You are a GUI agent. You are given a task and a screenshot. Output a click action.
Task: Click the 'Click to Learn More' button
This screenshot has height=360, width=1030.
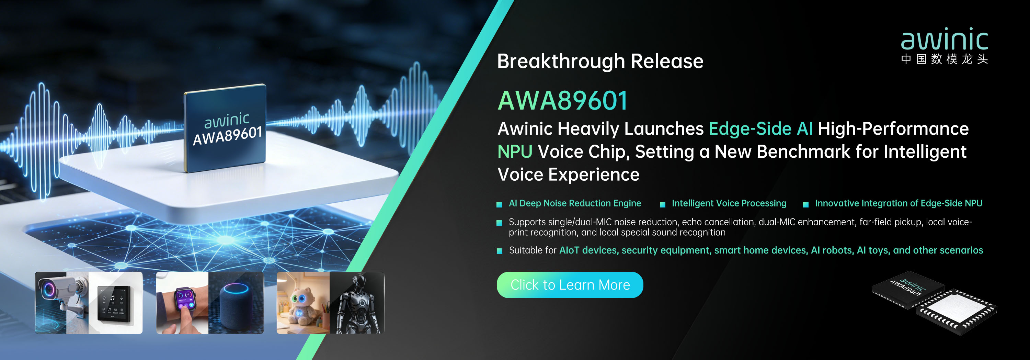pos(570,285)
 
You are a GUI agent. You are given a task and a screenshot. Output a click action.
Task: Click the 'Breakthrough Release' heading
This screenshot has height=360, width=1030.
pos(600,61)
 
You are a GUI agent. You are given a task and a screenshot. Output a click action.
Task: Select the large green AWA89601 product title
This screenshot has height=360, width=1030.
pos(563,100)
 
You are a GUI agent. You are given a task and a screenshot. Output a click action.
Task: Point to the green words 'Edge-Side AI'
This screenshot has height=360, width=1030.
pos(760,129)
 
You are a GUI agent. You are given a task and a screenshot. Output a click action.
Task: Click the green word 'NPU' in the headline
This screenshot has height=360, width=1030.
pos(515,151)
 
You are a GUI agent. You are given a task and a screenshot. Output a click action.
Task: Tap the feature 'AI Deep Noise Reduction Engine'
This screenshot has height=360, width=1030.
pos(575,203)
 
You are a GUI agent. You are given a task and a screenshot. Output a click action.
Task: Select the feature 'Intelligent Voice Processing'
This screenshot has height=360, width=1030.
pos(729,203)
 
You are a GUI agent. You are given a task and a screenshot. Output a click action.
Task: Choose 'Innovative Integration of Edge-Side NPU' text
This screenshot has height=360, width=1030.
pos(899,203)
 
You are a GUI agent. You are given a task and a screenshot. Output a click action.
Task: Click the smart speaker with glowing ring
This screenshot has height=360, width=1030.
pos(236,306)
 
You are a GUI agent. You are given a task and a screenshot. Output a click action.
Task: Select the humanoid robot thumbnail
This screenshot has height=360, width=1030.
pos(357,303)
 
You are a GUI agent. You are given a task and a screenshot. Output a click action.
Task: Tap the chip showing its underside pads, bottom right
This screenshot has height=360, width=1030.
pos(957,312)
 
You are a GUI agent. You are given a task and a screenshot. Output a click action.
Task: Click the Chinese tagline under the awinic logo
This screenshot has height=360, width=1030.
pos(945,59)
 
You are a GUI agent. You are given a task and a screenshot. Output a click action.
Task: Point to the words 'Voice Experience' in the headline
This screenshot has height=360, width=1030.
pos(568,175)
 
